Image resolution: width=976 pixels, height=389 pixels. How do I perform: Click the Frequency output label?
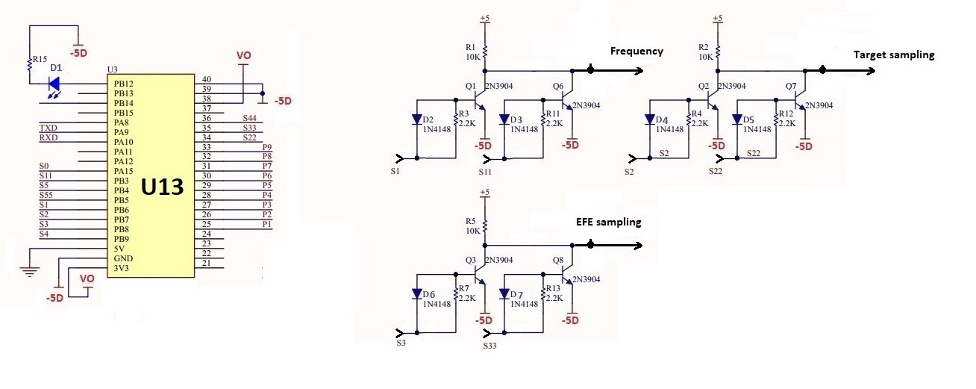point(636,52)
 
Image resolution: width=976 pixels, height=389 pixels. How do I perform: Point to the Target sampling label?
point(893,55)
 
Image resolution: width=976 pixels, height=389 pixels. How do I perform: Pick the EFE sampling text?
point(608,222)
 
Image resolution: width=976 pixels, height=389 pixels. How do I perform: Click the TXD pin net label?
point(49,128)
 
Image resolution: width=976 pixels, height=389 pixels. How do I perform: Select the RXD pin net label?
point(49,138)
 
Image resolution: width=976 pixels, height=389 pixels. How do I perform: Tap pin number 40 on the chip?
point(207,79)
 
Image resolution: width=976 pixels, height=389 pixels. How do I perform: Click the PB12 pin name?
point(124,84)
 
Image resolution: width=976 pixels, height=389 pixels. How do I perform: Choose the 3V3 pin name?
point(122,268)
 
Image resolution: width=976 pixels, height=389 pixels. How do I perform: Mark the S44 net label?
point(249,119)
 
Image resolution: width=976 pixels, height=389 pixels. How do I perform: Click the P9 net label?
point(266,147)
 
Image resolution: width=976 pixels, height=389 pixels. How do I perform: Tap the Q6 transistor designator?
point(558,87)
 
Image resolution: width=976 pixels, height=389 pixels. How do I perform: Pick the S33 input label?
point(489,346)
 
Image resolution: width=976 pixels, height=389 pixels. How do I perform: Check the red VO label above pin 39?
point(243,56)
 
